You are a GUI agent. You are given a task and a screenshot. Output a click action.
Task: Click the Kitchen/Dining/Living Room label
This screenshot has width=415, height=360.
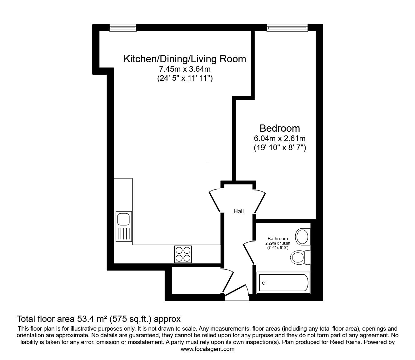[x=185, y=59]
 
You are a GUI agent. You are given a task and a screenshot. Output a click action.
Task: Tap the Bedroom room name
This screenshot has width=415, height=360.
[x=280, y=128]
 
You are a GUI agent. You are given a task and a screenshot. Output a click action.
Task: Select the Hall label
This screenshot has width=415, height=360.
[x=238, y=211]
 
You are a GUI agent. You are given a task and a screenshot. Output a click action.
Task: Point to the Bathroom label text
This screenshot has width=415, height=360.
[x=277, y=239]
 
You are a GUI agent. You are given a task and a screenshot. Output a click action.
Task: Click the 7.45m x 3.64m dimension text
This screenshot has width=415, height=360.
[x=185, y=69]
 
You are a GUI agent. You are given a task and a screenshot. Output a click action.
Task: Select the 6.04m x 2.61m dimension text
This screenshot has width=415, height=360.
[x=280, y=138]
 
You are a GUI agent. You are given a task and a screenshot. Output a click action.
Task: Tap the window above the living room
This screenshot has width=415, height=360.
[x=123, y=28]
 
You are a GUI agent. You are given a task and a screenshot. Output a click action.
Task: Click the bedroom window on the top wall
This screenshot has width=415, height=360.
[x=287, y=28]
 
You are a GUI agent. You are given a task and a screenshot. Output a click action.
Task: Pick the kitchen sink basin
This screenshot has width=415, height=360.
[x=123, y=219]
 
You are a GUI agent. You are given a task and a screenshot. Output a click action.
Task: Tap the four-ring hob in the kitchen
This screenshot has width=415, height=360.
[x=183, y=254]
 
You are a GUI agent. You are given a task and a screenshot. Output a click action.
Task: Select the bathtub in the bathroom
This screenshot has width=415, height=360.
[x=283, y=283]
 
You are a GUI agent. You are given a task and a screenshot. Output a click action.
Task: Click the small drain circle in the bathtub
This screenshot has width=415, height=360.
[x=264, y=283]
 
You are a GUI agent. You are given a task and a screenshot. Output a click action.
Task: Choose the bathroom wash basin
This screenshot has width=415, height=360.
[x=302, y=237]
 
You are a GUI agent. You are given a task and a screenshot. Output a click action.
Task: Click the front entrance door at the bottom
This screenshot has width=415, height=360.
[x=237, y=291]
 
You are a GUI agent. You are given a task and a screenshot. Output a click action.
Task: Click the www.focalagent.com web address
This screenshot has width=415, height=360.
[x=207, y=349]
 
